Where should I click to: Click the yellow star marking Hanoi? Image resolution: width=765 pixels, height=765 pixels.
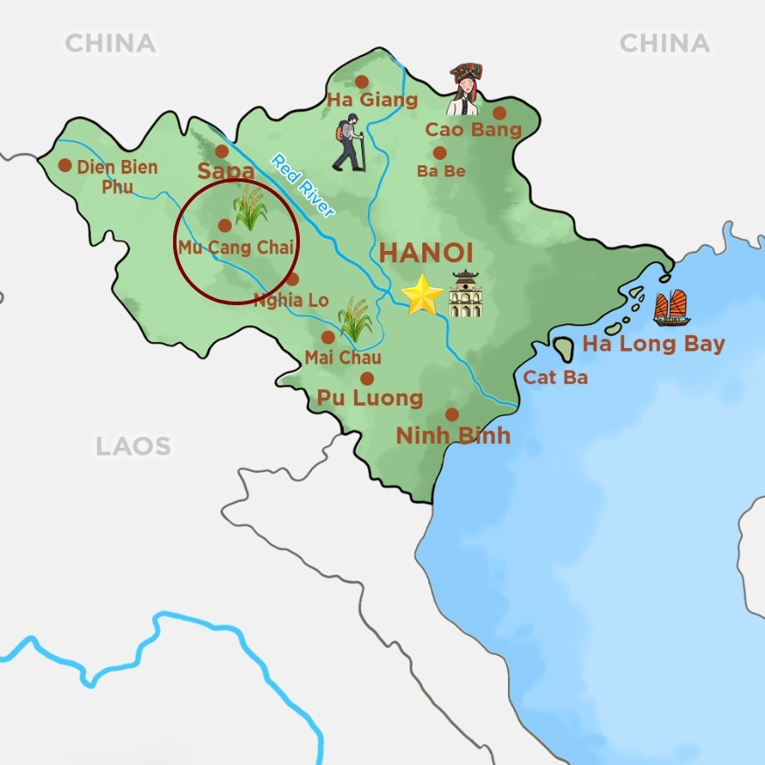pyautogui.click(x=422, y=296)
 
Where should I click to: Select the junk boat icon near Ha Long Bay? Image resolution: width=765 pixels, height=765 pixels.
pyautogui.click(x=671, y=308)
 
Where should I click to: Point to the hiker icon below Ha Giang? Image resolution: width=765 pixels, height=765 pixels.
pyautogui.click(x=349, y=143)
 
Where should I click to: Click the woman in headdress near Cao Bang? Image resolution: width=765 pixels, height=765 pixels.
pyautogui.click(x=463, y=89)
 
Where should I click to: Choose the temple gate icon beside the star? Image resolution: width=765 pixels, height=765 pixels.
pyautogui.click(x=465, y=294)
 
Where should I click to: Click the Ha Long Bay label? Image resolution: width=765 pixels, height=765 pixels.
pyautogui.click(x=653, y=344)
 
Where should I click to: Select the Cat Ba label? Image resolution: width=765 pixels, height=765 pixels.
pyautogui.click(x=555, y=378)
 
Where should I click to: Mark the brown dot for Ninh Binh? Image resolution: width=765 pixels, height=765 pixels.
pyautogui.click(x=452, y=414)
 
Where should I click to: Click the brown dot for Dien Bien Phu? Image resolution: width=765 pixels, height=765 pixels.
pyautogui.click(x=65, y=164)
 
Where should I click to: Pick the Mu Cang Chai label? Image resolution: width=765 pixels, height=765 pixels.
pyautogui.click(x=235, y=247)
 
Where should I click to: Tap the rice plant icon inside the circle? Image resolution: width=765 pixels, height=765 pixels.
pyautogui.click(x=250, y=207)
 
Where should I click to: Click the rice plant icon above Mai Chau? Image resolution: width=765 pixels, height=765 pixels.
pyautogui.click(x=355, y=318)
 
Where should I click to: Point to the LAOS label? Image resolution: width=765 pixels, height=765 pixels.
pyautogui.click(x=133, y=447)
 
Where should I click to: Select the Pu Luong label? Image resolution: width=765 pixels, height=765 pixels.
pyautogui.click(x=370, y=399)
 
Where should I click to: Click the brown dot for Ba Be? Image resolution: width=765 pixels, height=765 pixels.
pyautogui.click(x=440, y=153)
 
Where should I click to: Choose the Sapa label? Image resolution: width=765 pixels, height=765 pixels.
pyautogui.click(x=226, y=171)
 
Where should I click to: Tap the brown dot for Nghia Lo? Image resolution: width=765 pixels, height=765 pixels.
pyautogui.click(x=292, y=280)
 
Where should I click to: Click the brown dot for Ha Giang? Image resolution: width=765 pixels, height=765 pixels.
pyautogui.click(x=361, y=81)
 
